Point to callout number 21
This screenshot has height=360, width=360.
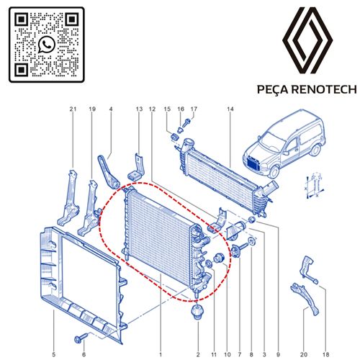click(x=72, y=109)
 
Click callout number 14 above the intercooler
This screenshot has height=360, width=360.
click(x=230, y=109)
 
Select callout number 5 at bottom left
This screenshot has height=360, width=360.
click(x=53, y=354)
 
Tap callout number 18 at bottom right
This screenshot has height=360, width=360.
click(x=325, y=354)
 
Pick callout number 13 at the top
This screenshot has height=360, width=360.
click(x=139, y=109)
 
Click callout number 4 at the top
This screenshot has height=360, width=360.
click(x=111, y=109)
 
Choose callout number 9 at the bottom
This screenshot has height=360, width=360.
click(x=276, y=354)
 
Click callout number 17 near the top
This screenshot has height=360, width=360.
click(x=192, y=109)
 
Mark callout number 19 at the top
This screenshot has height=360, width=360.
click(x=92, y=109)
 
